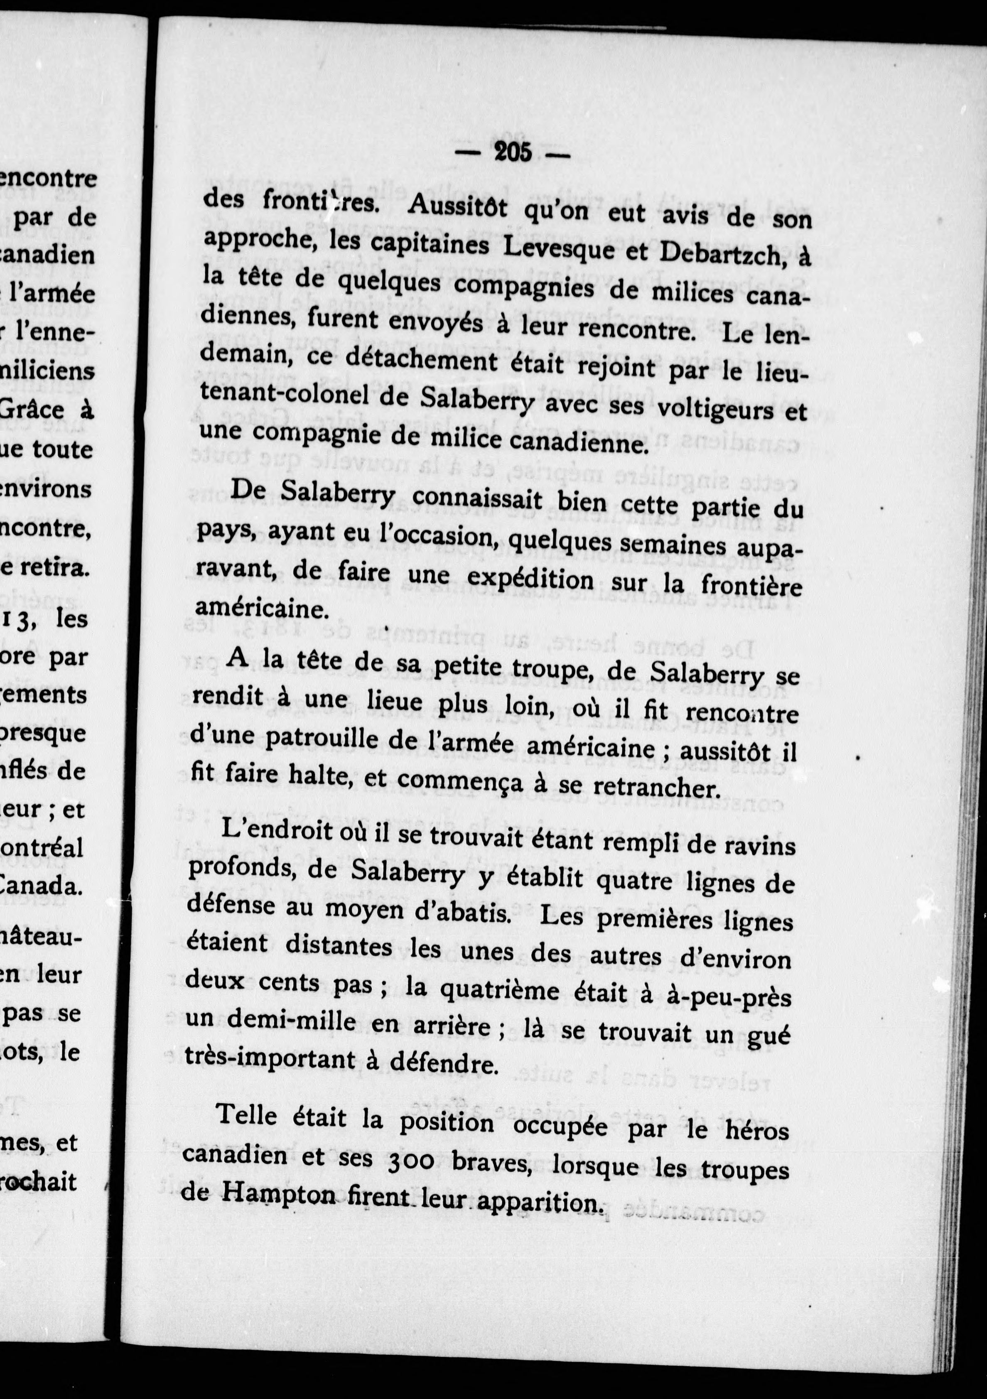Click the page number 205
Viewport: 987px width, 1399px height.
513,152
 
